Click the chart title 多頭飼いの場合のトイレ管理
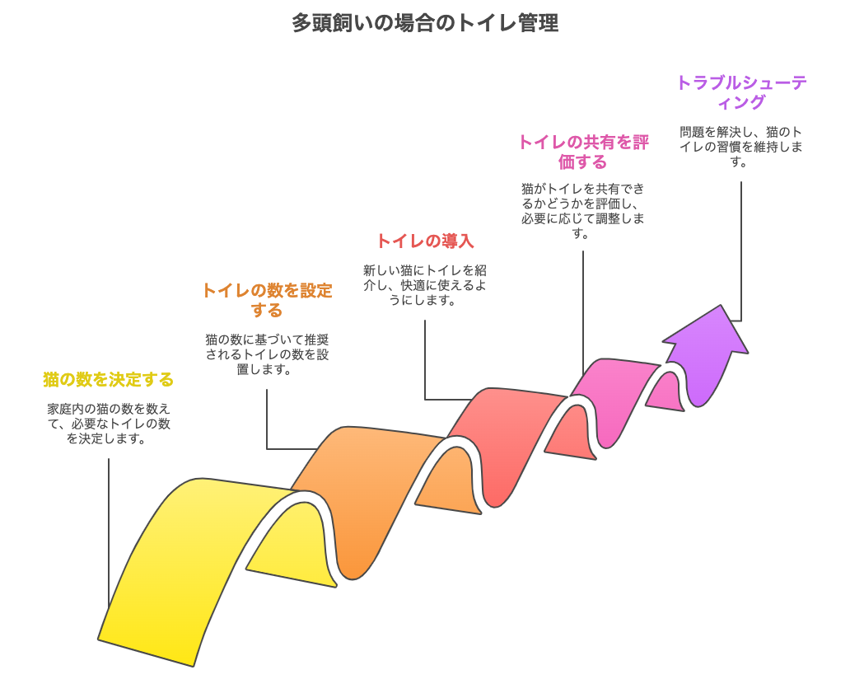(425, 23)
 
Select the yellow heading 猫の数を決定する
(109, 379)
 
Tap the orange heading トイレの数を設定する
(267, 300)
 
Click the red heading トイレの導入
(425, 241)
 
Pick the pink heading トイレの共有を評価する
(583, 152)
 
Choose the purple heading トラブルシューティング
(741, 92)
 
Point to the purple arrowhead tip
(722, 306)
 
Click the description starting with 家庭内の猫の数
(109, 424)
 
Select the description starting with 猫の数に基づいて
(267, 354)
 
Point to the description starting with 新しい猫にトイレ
(425, 285)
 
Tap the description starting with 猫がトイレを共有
(583, 211)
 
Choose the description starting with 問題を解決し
(741, 147)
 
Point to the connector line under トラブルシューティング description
(741, 251)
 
